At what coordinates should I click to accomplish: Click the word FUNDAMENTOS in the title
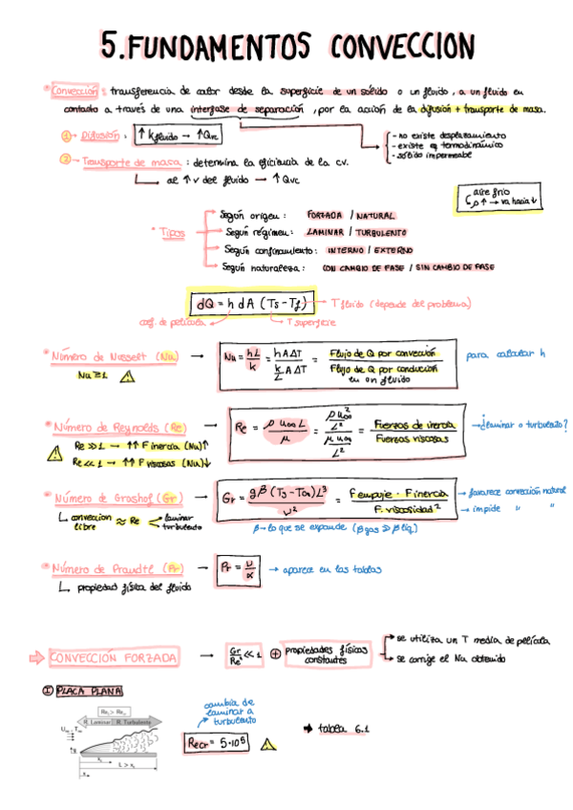pos(220,45)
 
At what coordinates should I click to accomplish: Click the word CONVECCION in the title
pos(402,45)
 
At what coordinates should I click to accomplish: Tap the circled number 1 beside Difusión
pos(66,137)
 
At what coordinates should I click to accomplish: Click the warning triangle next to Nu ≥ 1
pos(127,376)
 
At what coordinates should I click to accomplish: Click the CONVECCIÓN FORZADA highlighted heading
pos(113,659)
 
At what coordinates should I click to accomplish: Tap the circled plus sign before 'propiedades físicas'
pos(275,655)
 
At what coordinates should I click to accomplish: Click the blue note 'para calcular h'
pos(506,355)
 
